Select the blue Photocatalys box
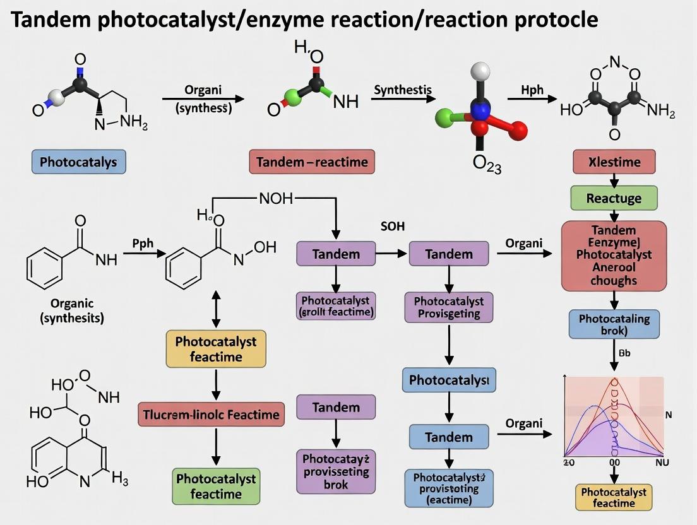point(78,162)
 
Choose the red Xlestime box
point(614,162)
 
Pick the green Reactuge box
point(614,198)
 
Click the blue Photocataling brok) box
point(614,324)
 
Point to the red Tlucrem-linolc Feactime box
point(211,415)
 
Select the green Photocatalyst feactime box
point(216,486)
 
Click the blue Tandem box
point(449,437)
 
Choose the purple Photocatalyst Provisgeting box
point(449,307)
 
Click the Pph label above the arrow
point(143,242)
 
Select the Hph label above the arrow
point(532,90)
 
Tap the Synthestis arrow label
point(402,90)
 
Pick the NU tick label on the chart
point(662,462)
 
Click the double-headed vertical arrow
point(216,309)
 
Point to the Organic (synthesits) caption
point(72,310)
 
